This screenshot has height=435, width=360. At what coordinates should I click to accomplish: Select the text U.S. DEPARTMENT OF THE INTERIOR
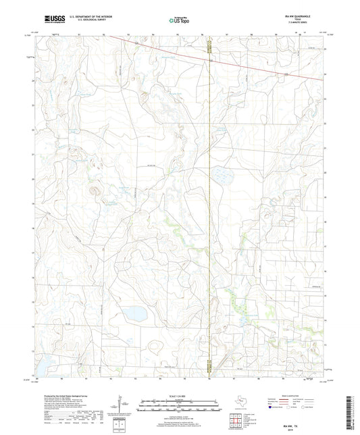[96, 18]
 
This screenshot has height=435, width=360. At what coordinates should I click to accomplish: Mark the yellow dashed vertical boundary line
[210, 203]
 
